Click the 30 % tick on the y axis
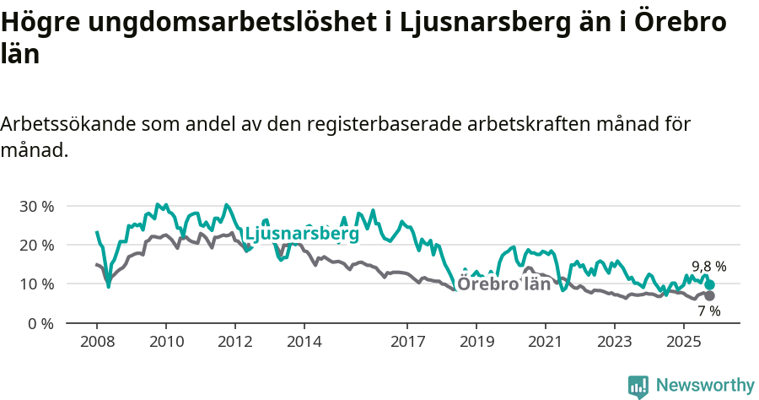[x=36, y=206]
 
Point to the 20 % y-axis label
[x=36, y=245]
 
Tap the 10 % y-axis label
[x=36, y=284]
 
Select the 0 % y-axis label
[x=40, y=323]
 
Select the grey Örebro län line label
[x=504, y=284]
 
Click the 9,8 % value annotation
[x=708, y=267]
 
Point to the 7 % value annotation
[x=708, y=311]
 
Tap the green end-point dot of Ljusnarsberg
[x=710, y=285]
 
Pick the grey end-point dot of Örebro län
[x=710, y=295]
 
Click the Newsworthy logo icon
[x=638, y=386]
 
